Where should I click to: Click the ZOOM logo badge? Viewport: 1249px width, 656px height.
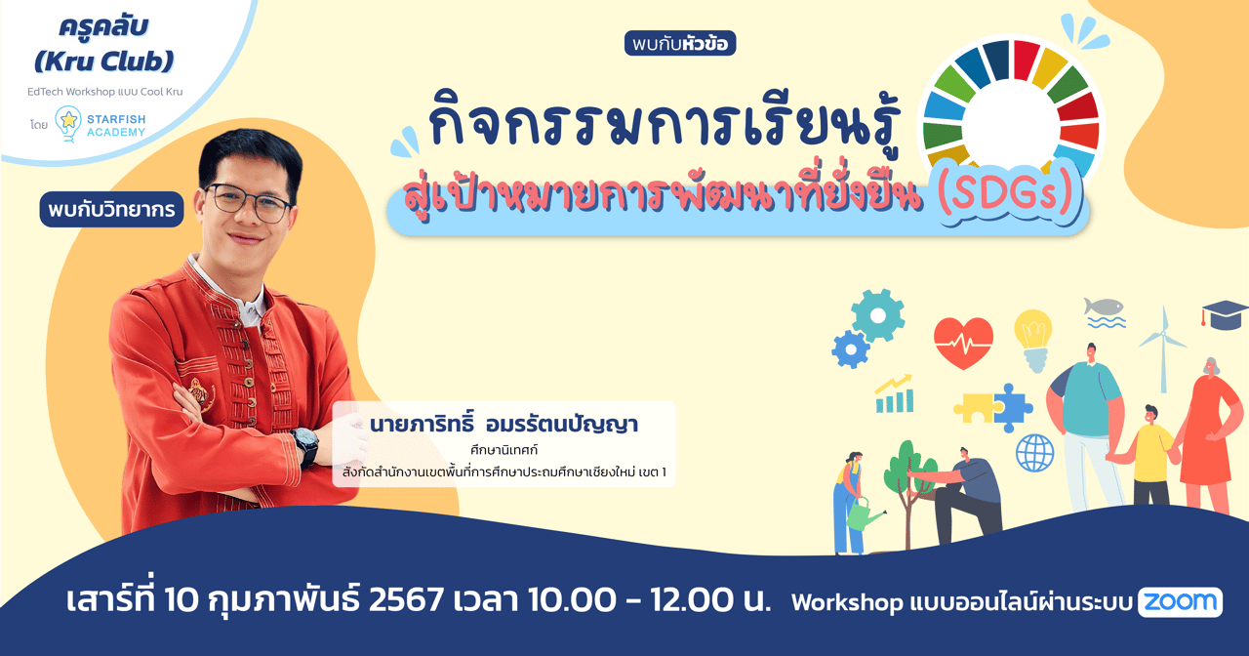coord(1180,602)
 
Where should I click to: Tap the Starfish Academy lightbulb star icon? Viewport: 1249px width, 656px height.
coord(67,122)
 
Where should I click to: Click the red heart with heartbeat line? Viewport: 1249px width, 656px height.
coord(963,343)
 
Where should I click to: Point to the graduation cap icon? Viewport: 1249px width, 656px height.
coord(1225,314)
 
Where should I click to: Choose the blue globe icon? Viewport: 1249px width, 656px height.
coord(1034,453)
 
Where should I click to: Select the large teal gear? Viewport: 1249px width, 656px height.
coord(878,314)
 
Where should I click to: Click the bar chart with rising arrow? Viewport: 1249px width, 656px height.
coord(894,393)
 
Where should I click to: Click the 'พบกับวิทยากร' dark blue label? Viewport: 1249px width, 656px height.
coord(112,209)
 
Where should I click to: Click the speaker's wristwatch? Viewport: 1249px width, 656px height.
coord(305,445)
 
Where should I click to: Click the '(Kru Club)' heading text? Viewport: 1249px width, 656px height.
coord(103,61)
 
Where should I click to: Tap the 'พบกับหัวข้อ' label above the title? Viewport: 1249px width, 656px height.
coord(680,44)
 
